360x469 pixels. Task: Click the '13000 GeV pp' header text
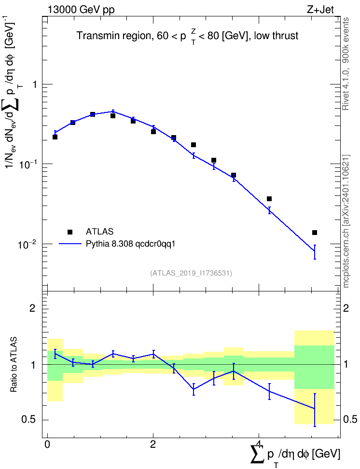pyautogui.click(x=81, y=10)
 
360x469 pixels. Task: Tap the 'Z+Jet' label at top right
pyautogui.click(x=320, y=10)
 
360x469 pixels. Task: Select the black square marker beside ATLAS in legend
pyautogui.click(x=70, y=232)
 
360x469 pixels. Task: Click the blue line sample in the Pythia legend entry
pyautogui.click(x=70, y=244)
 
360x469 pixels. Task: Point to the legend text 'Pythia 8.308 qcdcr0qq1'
pyautogui.click(x=130, y=244)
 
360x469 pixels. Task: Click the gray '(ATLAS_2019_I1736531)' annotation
pyautogui.click(x=191, y=273)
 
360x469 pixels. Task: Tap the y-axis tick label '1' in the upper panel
pyautogui.click(x=35, y=84)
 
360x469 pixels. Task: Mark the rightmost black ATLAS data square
pyautogui.click(x=315, y=233)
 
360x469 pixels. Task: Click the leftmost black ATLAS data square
pyautogui.click(x=55, y=137)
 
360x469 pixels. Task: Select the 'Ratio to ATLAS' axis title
pyautogui.click(x=14, y=365)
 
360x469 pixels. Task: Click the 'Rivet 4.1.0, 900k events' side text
pyautogui.click(x=346, y=64)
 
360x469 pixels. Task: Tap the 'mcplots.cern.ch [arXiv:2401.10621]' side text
pyautogui.click(x=346, y=221)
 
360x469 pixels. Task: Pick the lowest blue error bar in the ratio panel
pyautogui.click(x=315, y=410)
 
